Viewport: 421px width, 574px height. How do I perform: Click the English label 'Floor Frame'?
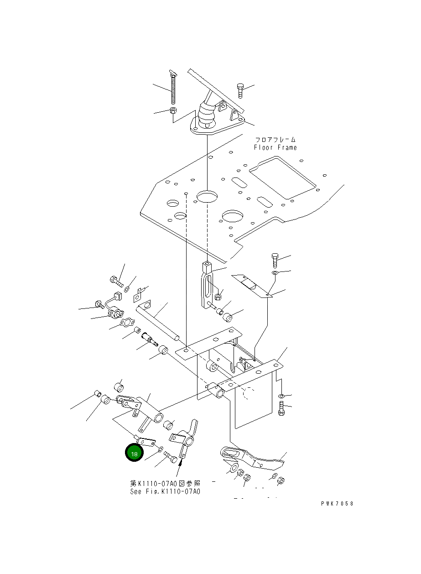(x=275, y=147)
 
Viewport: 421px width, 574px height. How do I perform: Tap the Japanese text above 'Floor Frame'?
(x=275, y=140)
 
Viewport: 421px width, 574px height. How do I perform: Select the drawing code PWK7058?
(x=337, y=504)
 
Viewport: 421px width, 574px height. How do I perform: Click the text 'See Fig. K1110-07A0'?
(x=165, y=491)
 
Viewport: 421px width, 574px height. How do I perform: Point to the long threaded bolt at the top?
(x=173, y=87)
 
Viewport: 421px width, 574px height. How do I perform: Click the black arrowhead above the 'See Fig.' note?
(x=182, y=462)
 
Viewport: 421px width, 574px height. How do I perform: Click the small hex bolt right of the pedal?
(x=240, y=90)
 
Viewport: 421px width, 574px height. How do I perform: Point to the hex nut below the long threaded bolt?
(x=173, y=110)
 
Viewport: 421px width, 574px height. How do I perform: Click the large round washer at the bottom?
(x=234, y=468)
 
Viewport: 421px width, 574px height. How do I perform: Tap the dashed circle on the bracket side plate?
(x=249, y=393)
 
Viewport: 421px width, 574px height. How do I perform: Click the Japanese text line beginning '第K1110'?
(x=165, y=483)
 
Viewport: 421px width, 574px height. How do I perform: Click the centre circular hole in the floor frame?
(x=207, y=196)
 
